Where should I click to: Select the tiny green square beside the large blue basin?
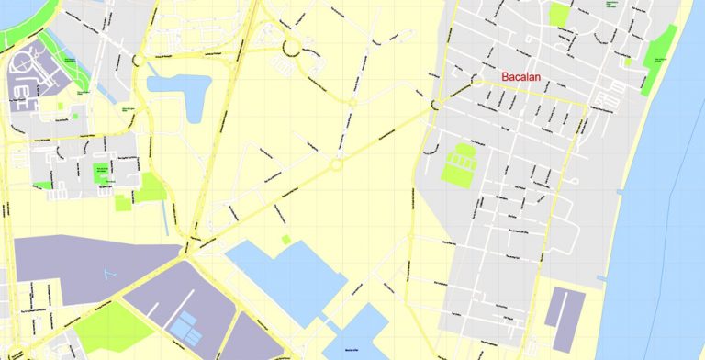click(285, 240)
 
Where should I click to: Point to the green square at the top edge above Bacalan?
click(558, 14)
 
